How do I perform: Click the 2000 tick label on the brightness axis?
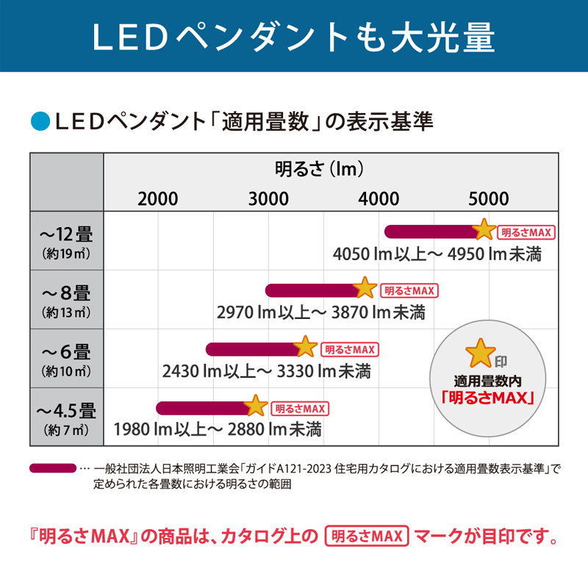coord(158,198)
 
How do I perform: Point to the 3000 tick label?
coord(268,198)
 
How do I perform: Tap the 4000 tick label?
coord(379,198)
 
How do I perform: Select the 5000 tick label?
coord(489,198)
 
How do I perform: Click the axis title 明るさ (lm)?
coord(321,170)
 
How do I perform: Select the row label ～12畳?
coord(66,235)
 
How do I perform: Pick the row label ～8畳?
coord(66,293)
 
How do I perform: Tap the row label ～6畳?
coord(66,352)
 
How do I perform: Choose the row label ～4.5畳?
coord(66,410)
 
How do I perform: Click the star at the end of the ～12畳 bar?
coord(484,230)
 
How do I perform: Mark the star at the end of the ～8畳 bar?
coord(365,289)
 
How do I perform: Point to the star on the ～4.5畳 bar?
coord(255,406)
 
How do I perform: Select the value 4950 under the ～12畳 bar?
coord(465,254)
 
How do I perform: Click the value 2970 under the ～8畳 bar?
coord(235,312)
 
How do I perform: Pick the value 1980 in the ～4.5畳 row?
coord(132,429)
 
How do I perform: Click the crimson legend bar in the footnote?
coord(52,468)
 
